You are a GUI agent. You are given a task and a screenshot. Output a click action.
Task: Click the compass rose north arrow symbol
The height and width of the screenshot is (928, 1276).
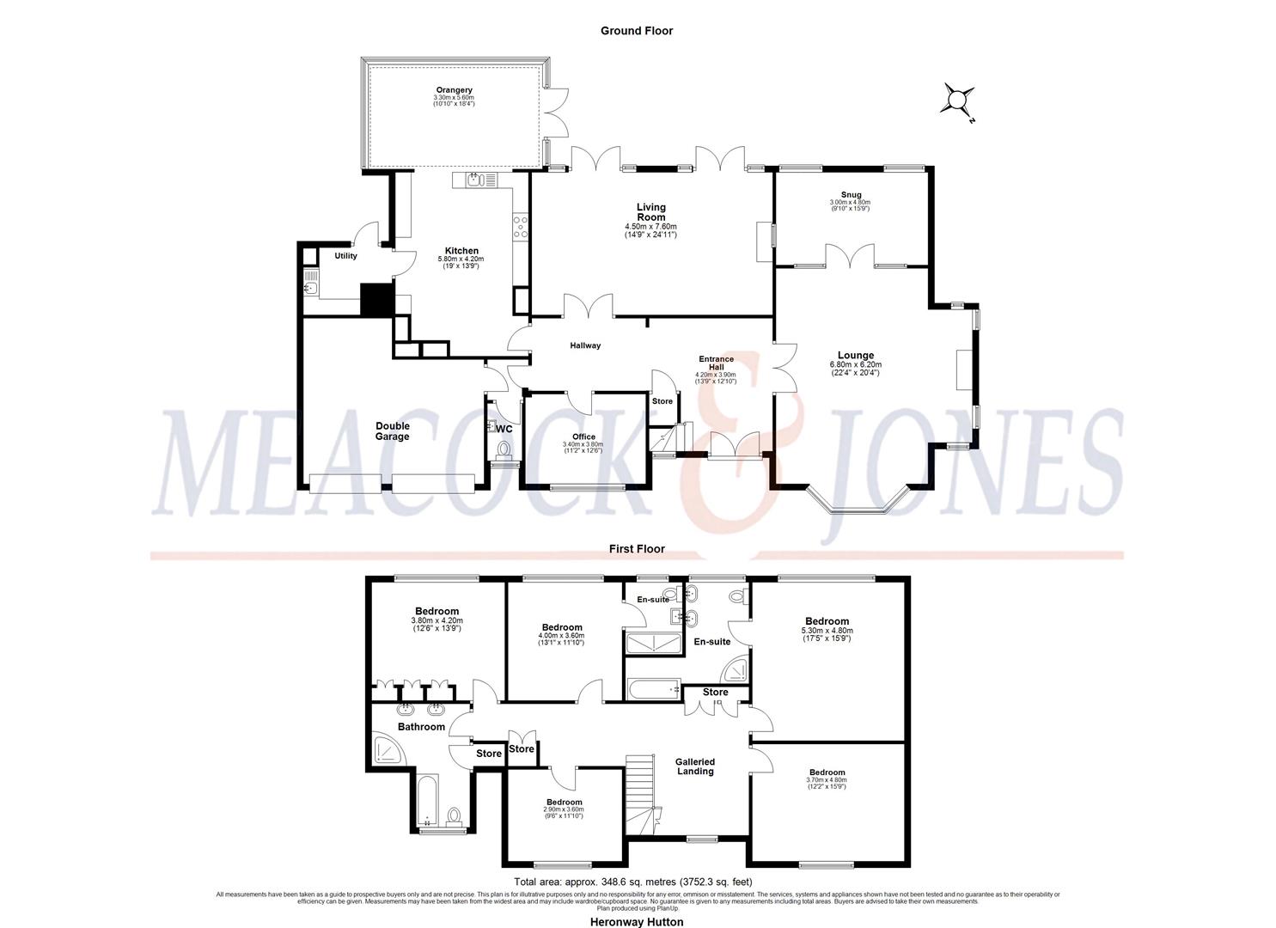click(958, 100)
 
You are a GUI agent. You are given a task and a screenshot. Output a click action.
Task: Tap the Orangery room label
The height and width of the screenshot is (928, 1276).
click(454, 90)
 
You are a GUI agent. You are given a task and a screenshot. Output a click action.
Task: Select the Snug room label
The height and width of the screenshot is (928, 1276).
click(851, 195)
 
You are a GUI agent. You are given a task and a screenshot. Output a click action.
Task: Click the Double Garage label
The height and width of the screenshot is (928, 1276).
click(392, 430)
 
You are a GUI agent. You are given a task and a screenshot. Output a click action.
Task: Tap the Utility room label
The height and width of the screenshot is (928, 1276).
click(345, 256)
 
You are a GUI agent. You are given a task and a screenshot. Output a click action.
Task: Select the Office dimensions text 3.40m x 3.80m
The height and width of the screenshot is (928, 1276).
click(583, 444)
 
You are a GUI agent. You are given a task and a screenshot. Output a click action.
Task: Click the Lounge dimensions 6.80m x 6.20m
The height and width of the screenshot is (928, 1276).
click(855, 364)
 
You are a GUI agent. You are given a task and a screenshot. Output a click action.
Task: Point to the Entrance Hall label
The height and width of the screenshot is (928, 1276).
click(716, 363)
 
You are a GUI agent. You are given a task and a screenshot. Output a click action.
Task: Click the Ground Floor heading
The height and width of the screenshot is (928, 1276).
click(636, 31)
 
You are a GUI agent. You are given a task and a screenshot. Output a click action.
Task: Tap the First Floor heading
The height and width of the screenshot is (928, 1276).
click(637, 549)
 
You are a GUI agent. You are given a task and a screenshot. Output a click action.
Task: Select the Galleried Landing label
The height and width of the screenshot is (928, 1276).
click(694, 766)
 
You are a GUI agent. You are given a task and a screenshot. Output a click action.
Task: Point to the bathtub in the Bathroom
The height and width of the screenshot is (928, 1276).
click(428, 800)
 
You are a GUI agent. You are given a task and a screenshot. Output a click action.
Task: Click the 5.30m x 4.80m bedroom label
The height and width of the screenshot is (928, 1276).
click(827, 621)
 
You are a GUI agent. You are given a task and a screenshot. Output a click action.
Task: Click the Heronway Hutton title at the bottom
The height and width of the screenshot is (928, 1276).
click(636, 922)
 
